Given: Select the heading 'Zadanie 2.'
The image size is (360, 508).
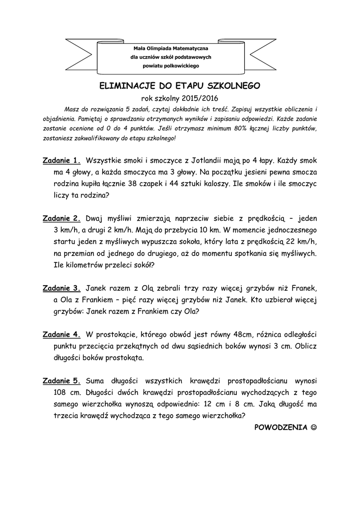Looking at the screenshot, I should pos(62,218).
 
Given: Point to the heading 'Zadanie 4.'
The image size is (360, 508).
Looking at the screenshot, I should pos(62,334).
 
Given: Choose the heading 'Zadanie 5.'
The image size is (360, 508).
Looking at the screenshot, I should pos(62,381).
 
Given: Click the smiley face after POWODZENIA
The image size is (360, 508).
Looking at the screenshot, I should pos(312,428).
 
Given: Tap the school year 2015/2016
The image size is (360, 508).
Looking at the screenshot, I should pos(200,98).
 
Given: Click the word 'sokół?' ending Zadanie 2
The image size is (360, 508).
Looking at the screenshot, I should pos(143,265).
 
